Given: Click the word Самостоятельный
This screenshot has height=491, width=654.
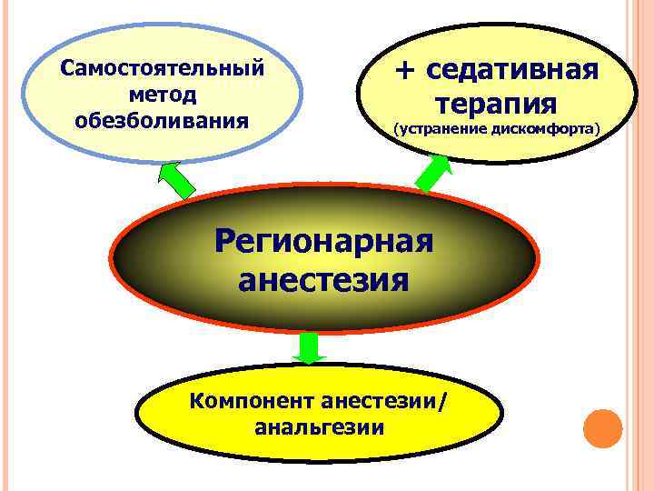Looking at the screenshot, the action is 162,68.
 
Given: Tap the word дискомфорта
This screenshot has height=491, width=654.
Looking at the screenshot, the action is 541,130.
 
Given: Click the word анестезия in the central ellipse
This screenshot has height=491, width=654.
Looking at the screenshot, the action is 323,279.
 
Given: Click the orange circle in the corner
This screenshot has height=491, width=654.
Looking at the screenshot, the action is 601,428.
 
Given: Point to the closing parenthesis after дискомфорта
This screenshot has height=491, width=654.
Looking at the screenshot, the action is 598,130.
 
